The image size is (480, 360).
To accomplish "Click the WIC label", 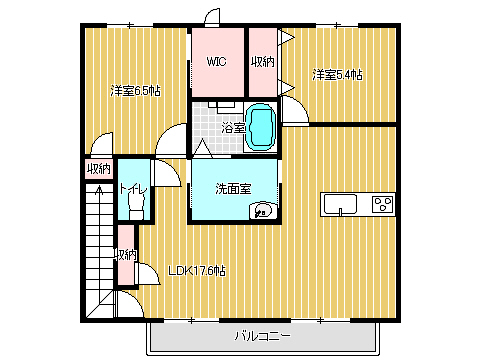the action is click(216, 62).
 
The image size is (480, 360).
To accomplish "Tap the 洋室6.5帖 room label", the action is click(135, 91).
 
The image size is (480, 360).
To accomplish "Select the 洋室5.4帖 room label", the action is click(337, 75).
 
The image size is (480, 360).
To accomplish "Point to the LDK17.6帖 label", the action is click(197, 271).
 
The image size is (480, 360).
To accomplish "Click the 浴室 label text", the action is click(233, 128).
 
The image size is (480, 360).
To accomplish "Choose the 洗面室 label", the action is click(233, 189).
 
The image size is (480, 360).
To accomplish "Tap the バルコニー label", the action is click(262, 336).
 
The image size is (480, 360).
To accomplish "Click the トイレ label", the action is click(133, 189).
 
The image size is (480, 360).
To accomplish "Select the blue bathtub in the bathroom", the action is click(260, 127).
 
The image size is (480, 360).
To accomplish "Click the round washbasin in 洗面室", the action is click(263, 211).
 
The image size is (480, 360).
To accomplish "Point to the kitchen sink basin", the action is click(340, 204).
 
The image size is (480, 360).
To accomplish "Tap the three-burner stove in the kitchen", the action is click(383, 204).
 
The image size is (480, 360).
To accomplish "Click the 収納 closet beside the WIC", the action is click(263, 62).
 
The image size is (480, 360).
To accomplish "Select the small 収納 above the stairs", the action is click(99, 169).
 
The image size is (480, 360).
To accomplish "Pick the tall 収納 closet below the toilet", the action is click(127, 255).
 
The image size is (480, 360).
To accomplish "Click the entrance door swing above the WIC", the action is click(212, 17).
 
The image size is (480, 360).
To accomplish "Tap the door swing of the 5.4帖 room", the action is click(295, 109).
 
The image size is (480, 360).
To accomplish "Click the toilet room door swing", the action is click(167, 173).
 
